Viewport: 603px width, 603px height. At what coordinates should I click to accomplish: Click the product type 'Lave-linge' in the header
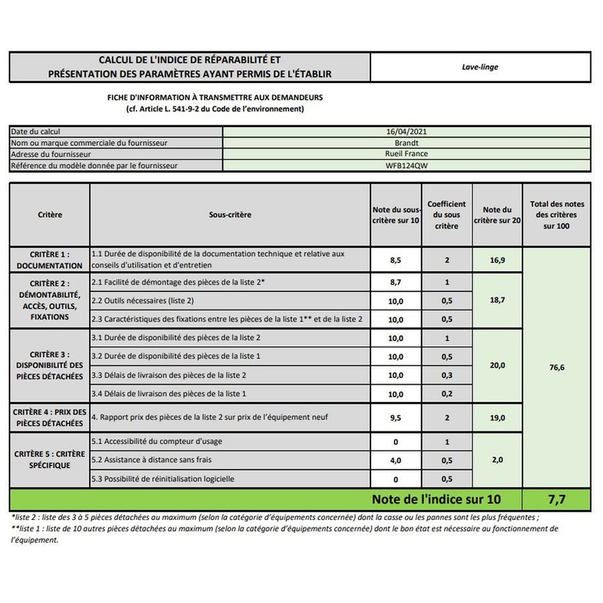(x=480, y=67)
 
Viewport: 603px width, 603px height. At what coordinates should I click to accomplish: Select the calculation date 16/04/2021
(x=407, y=132)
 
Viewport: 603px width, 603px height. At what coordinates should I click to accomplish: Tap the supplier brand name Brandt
(x=407, y=143)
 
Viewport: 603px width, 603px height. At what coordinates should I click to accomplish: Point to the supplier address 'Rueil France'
(x=407, y=153)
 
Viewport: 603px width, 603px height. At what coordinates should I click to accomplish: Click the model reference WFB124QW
(x=407, y=165)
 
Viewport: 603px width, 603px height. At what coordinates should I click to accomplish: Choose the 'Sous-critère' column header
(x=230, y=215)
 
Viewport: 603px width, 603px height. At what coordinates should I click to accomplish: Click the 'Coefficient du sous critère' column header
(x=447, y=215)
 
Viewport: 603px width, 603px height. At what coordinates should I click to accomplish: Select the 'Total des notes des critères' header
(x=557, y=215)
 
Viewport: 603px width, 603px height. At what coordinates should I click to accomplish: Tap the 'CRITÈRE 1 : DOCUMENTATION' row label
(x=50, y=260)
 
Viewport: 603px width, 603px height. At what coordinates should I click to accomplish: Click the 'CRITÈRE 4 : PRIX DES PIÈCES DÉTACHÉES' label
(x=50, y=417)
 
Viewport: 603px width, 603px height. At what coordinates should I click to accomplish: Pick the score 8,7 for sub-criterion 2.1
(x=395, y=283)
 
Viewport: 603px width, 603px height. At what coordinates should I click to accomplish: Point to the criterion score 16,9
(x=497, y=260)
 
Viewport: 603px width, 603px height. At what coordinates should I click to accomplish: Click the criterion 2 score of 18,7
(x=497, y=301)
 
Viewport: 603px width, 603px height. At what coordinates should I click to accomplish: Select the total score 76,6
(x=557, y=367)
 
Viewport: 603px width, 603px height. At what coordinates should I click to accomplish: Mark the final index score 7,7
(x=557, y=499)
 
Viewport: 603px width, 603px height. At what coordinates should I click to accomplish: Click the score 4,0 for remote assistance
(x=395, y=460)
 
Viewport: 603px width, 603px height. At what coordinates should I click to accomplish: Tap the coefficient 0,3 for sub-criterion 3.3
(x=447, y=375)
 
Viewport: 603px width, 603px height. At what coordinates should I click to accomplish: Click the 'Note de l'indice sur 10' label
(x=436, y=499)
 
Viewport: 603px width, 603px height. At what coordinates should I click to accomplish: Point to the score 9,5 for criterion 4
(x=395, y=417)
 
